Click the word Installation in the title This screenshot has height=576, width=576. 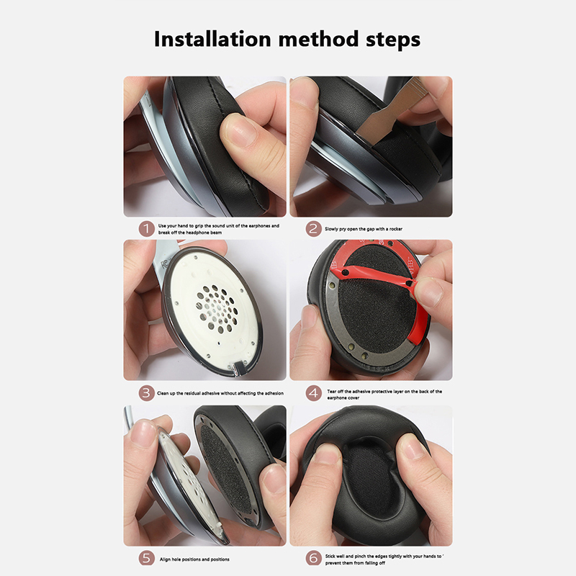tap(212, 39)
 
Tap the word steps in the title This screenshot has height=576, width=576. tap(393, 40)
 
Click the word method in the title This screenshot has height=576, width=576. tap(318, 39)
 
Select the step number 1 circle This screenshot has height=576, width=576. tap(146, 229)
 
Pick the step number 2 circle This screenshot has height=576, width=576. tap(313, 229)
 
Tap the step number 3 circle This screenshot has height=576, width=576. tap(146, 393)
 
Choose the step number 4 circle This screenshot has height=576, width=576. tap(313, 393)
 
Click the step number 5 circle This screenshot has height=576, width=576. tap(146, 559)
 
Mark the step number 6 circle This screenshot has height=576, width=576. tap(313, 559)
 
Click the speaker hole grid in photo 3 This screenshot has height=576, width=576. tap(217, 310)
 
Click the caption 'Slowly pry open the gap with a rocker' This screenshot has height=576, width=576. tap(364, 229)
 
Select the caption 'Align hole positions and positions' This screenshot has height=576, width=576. tap(194, 559)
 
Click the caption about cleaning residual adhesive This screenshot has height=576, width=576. tap(220, 393)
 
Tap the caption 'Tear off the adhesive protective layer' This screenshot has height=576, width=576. tap(384, 395)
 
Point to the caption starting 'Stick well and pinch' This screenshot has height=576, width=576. tap(384, 559)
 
